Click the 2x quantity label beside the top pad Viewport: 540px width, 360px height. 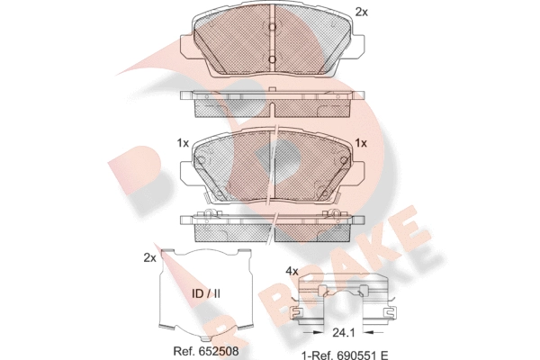pyautogui.click(x=361, y=13)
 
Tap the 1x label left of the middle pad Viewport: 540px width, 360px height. pyautogui.click(x=183, y=143)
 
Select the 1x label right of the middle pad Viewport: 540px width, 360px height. pyautogui.click(x=361, y=143)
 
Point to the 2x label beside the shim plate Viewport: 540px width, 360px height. pyautogui.click(x=149, y=257)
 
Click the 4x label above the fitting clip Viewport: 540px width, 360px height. pyautogui.click(x=292, y=272)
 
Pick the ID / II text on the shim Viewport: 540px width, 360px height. pyautogui.click(x=206, y=294)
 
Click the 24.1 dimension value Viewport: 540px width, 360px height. pyautogui.click(x=344, y=333)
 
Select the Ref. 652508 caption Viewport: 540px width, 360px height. pyautogui.click(x=206, y=351)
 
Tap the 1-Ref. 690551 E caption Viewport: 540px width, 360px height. pyautogui.click(x=345, y=355)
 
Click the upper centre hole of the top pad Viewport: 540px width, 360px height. pyautogui.click(x=272, y=27)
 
